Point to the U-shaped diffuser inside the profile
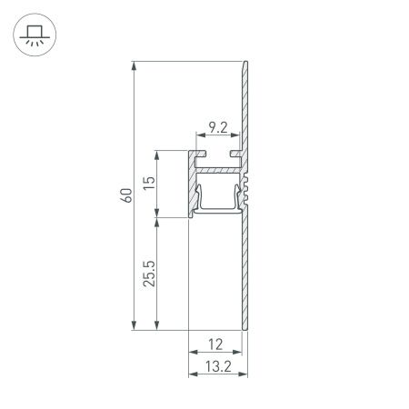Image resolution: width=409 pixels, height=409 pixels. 217,208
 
